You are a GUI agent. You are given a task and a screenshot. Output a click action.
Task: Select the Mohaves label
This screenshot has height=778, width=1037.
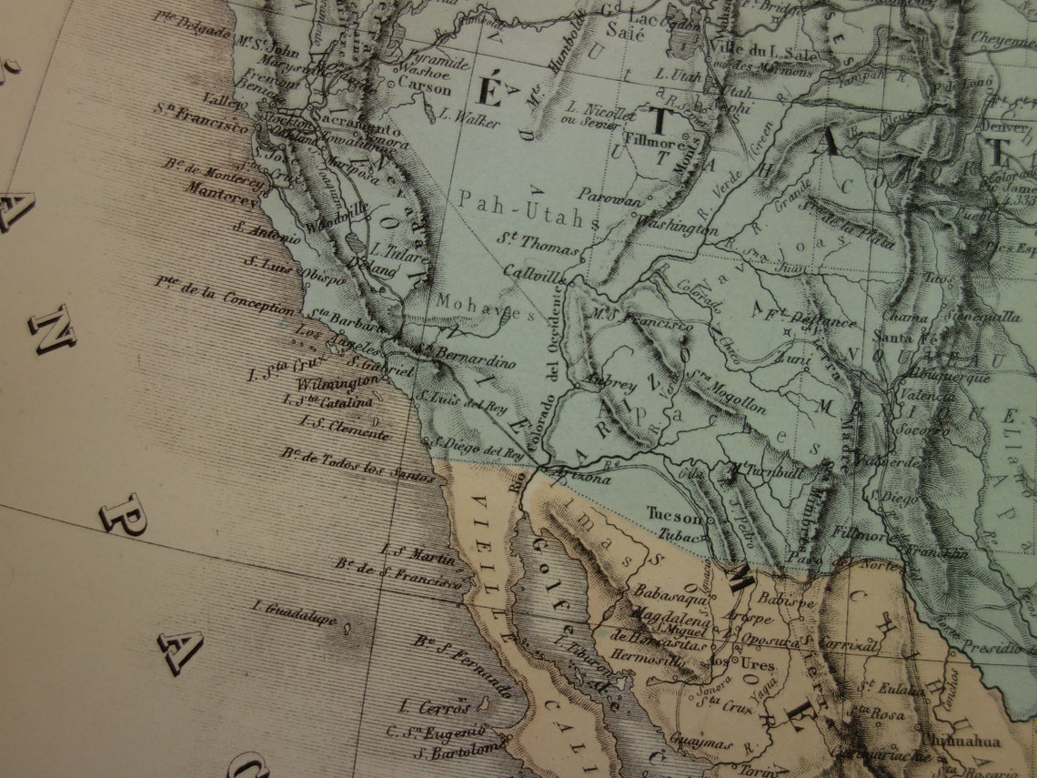[485, 307]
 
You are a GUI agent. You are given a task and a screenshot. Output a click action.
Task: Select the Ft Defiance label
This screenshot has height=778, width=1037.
[815, 319]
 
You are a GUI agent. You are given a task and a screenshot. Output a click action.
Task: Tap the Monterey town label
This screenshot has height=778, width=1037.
[225, 190]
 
